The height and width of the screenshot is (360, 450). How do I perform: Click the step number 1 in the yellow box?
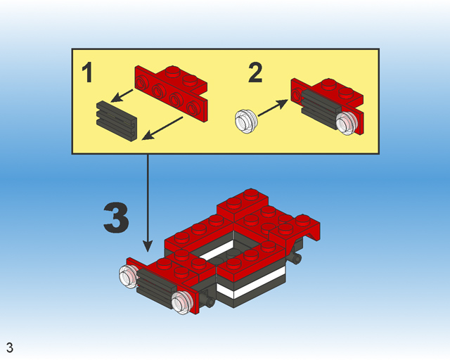tap(87, 73)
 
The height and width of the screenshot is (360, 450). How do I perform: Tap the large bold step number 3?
tap(116, 219)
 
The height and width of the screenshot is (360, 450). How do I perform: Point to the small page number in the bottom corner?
tap(9, 347)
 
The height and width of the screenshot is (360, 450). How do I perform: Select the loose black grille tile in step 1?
tap(116, 120)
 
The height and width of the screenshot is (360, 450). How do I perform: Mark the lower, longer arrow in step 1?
tap(163, 127)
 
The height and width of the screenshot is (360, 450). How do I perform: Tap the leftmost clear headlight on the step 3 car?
tap(129, 277)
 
